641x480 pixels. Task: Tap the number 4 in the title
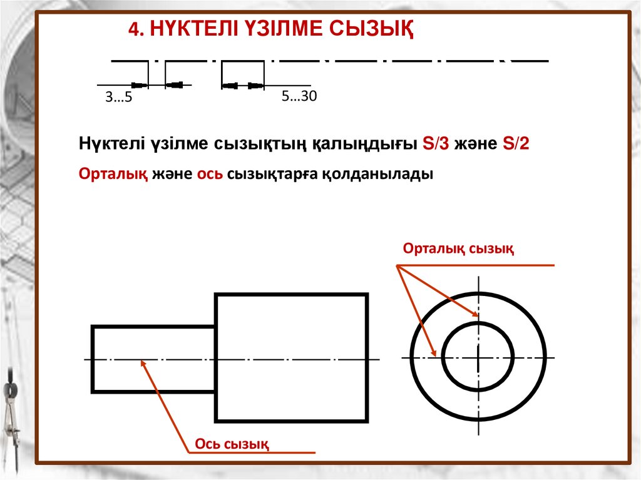pyautogui.click(x=132, y=30)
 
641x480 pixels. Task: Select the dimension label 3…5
pyautogui.click(x=119, y=98)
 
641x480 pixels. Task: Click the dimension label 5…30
pyautogui.click(x=300, y=96)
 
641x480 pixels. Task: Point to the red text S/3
pyautogui.click(x=436, y=143)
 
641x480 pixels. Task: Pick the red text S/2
pyautogui.click(x=516, y=143)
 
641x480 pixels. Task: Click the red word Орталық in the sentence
pyautogui.click(x=113, y=175)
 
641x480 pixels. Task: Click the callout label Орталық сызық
pyautogui.click(x=459, y=249)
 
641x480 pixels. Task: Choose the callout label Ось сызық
pyautogui.click(x=232, y=444)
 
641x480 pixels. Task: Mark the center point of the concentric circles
pyautogui.click(x=478, y=358)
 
